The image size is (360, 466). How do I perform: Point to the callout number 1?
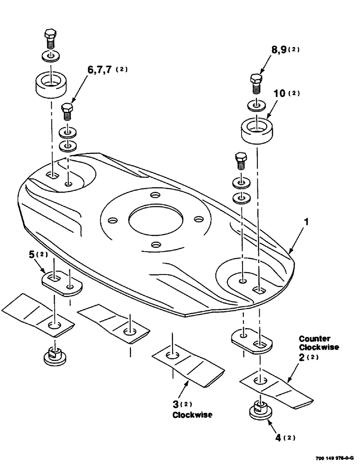point(306,224)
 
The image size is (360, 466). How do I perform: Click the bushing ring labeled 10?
point(256,129)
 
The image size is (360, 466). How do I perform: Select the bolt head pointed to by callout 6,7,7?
point(68,111)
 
